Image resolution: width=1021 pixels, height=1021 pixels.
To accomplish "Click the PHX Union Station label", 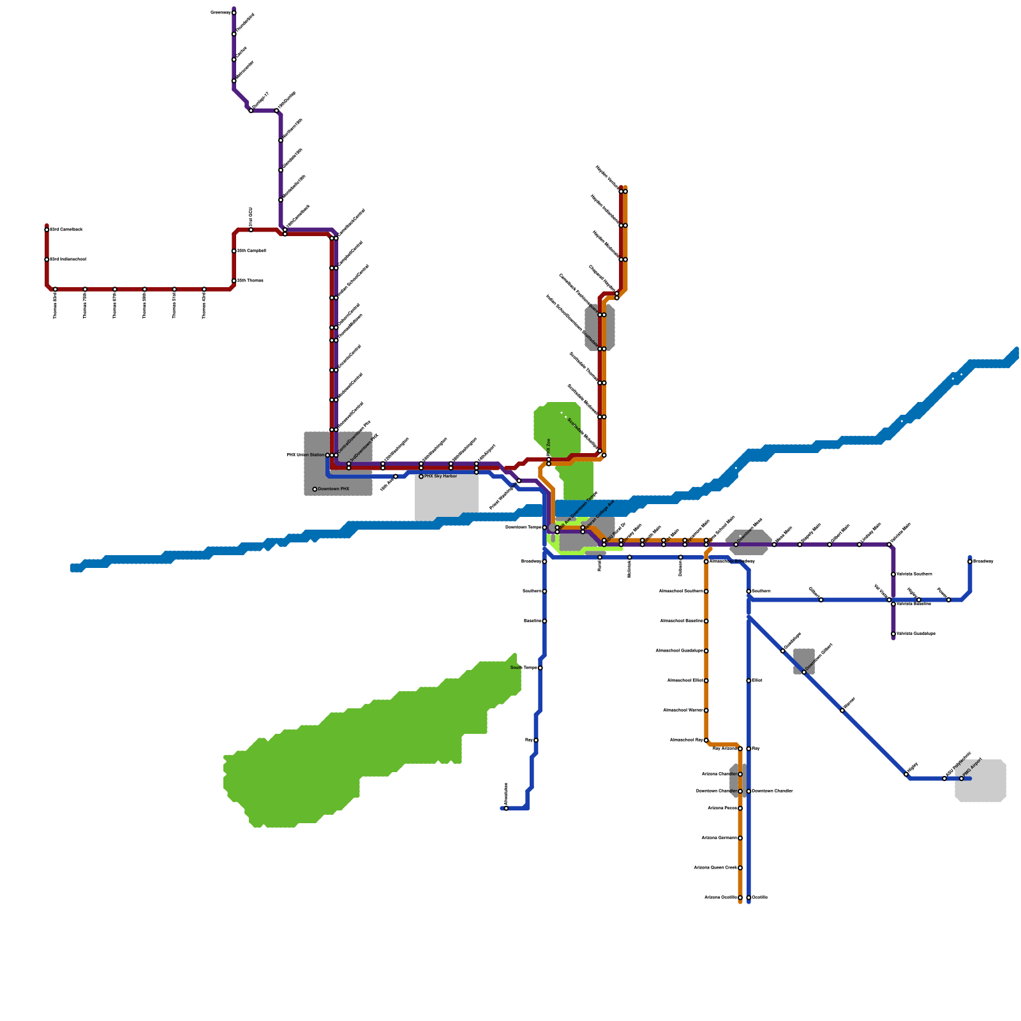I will click(x=306, y=455).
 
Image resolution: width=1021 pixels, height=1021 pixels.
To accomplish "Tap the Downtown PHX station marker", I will click(x=315, y=489).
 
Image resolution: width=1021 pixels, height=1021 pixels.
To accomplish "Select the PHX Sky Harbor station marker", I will click(x=421, y=477).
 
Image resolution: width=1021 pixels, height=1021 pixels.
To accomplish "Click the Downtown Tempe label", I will click(x=523, y=528).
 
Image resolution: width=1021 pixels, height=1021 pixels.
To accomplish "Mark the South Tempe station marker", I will click(x=540, y=668).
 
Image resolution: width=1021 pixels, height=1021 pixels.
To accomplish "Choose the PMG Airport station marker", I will click(x=962, y=779).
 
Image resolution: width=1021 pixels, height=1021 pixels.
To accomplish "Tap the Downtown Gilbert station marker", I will click(x=804, y=672).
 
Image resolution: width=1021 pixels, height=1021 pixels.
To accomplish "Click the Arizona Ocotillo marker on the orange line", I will click(x=740, y=898).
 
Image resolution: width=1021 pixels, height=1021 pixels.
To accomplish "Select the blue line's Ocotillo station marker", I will click(x=749, y=898).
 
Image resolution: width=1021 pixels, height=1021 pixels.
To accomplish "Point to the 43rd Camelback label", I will click(x=66, y=229).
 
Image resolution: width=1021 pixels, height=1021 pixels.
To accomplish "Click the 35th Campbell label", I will click(x=251, y=251).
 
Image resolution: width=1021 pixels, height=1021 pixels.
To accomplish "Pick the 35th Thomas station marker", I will click(x=234, y=281).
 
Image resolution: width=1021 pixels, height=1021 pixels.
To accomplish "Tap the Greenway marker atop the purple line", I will click(x=234, y=13).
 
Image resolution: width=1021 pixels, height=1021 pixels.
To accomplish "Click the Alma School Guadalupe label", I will click(x=680, y=651).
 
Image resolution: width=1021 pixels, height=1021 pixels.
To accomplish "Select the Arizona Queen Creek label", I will click(x=715, y=868).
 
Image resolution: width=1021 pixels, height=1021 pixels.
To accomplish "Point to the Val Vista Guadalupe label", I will click(x=916, y=634).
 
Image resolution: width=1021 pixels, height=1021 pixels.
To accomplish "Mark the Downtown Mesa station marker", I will click(x=736, y=544).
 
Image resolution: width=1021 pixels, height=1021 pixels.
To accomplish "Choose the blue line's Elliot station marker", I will click(x=749, y=681).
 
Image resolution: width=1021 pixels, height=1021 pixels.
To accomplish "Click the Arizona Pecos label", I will click(x=722, y=809).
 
